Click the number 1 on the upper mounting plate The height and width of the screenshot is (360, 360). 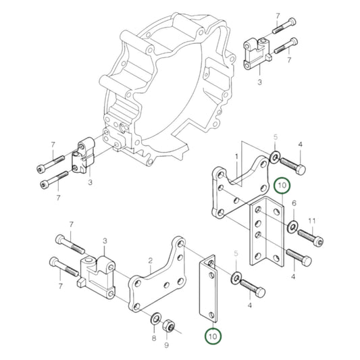237,156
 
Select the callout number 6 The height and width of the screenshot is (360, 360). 294,203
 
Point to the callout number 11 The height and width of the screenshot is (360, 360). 312,221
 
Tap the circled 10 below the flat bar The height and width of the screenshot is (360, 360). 213,335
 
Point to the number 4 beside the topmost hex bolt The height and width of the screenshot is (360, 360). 300,145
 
